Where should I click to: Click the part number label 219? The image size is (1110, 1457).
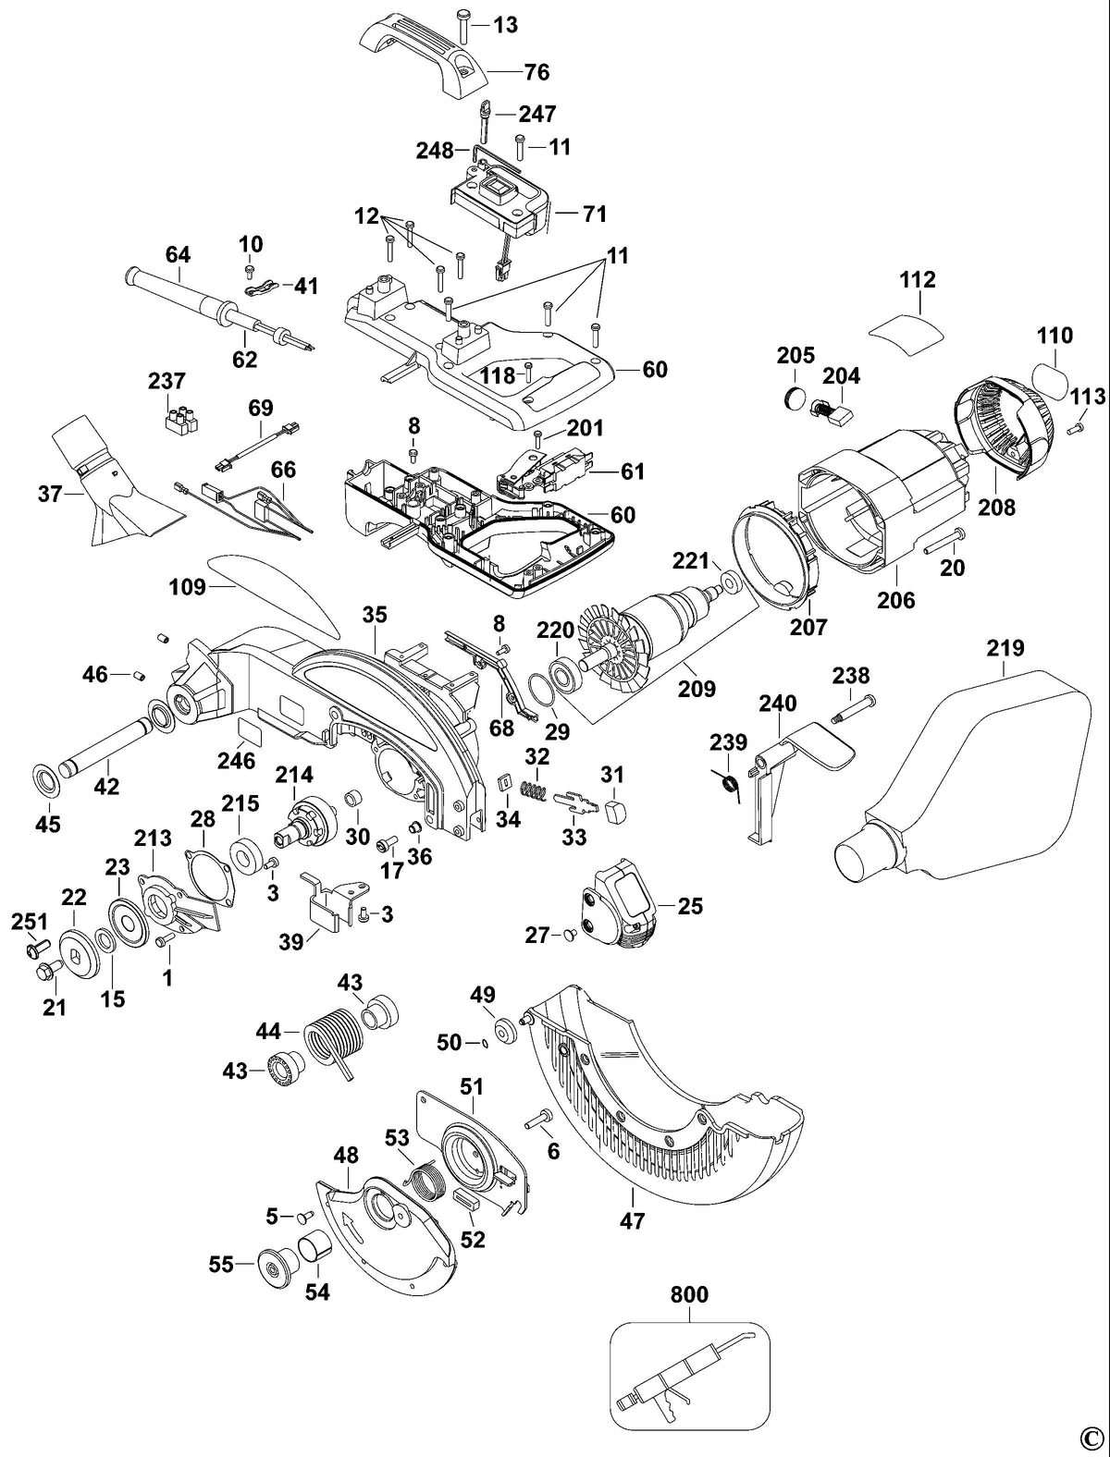coord(1005,648)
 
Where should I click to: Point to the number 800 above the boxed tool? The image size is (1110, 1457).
coord(689,1294)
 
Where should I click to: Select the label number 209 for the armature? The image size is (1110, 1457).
coord(697,689)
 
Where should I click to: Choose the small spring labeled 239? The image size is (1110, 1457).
coord(731,783)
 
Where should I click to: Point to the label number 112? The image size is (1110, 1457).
coord(918,280)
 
